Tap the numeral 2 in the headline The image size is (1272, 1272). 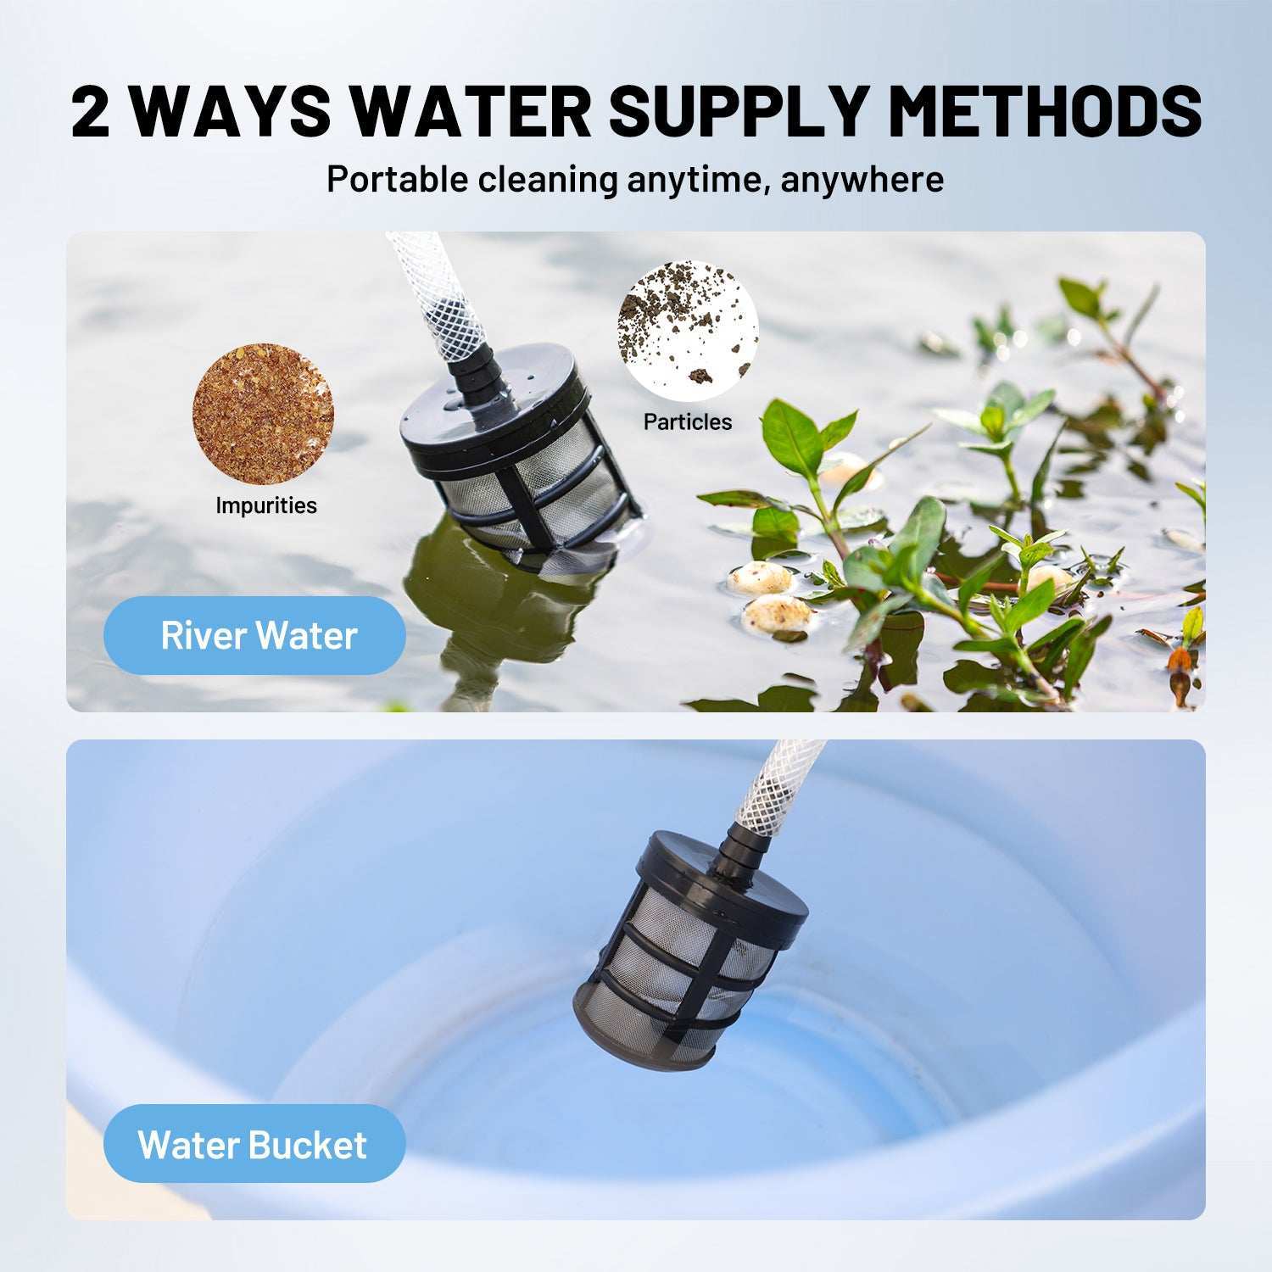tap(91, 110)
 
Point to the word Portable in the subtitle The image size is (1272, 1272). tap(397, 180)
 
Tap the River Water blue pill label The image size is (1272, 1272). tap(254, 635)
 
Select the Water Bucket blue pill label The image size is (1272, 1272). tap(254, 1144)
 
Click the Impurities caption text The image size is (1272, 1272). tap(266, 505)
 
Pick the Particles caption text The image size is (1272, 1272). tap(688, 421)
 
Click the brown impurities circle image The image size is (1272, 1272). tap(263, 414)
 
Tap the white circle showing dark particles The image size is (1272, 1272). tap(688, 331)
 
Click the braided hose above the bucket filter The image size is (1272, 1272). tap(778, 785)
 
